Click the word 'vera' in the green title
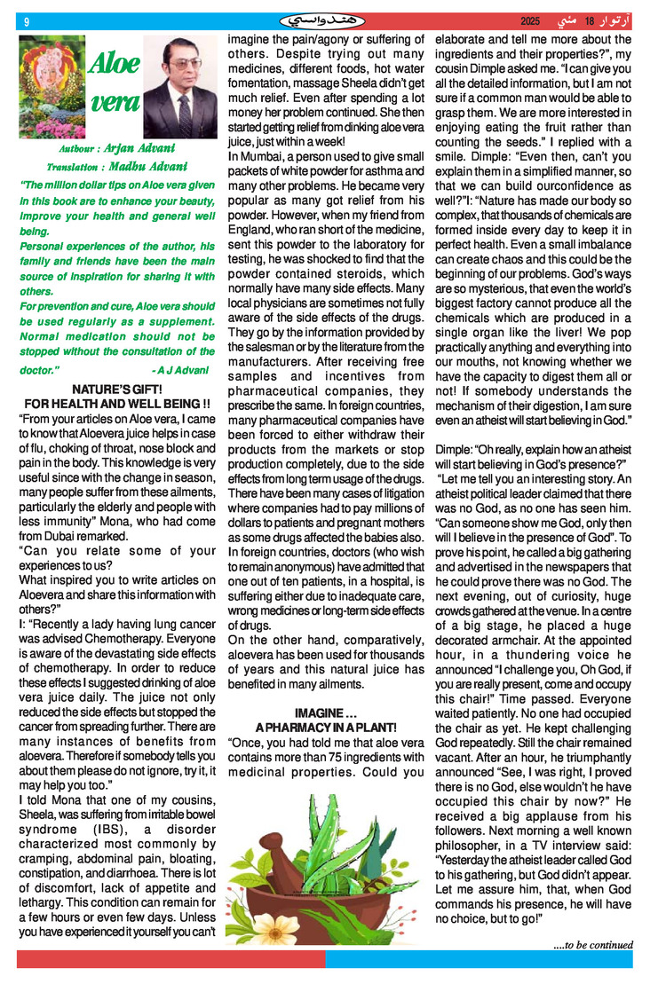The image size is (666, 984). coord(115,102)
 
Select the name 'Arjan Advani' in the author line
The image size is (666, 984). coord(139,148)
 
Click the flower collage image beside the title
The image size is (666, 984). coord(52,87)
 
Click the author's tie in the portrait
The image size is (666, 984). coord(185,115)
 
